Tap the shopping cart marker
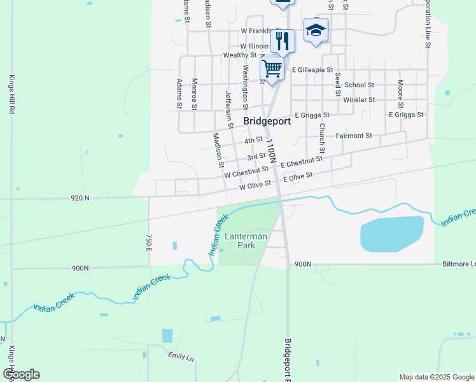(272, 68)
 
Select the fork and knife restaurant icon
(283, 41)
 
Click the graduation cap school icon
(316, 31)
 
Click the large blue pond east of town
(391, 234)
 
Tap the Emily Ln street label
(180, 357)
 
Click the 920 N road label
(80, 198)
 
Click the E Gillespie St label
(312, 69)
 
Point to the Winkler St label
(359, 99)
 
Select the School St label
(360, 85)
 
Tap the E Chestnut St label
(302, 163)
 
